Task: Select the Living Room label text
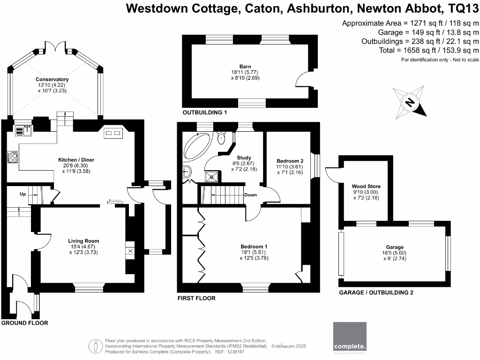[83, 241]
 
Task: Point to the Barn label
[245, 67]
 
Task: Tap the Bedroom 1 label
[254, 247]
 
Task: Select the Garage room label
[394, 247]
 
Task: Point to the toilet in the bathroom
[221, 137]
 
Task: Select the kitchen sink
[23, 130]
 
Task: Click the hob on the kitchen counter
[13, 157]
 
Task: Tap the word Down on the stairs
[251, 195]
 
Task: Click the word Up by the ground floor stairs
[22, 194]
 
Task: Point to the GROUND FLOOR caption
[24, 323]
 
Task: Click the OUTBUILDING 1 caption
[205, 113]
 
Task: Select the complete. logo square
[349, 336]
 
